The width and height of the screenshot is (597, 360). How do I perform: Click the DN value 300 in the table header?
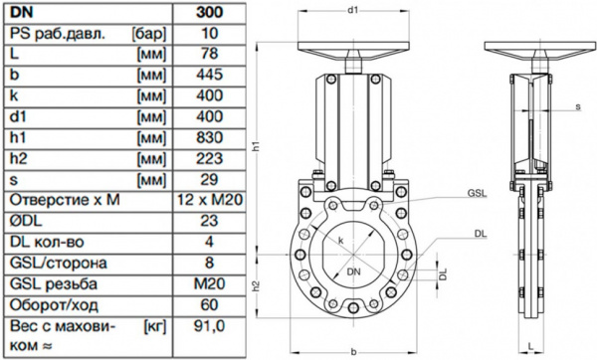pos(209,12)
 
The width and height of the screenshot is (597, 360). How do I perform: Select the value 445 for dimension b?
pos(209,75)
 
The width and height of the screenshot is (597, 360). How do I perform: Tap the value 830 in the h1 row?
pos(209,137)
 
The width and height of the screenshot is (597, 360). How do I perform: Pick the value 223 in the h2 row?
pos(209,158)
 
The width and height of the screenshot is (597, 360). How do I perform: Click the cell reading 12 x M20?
pos(210,200)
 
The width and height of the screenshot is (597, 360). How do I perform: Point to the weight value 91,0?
pos(209,326)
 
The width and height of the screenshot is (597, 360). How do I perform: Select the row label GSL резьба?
pos(54,283)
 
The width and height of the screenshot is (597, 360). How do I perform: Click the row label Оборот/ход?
pos(54,305)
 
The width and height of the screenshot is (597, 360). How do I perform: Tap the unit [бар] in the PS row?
pos(149,34)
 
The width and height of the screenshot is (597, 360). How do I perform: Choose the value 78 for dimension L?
pos(209,54)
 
